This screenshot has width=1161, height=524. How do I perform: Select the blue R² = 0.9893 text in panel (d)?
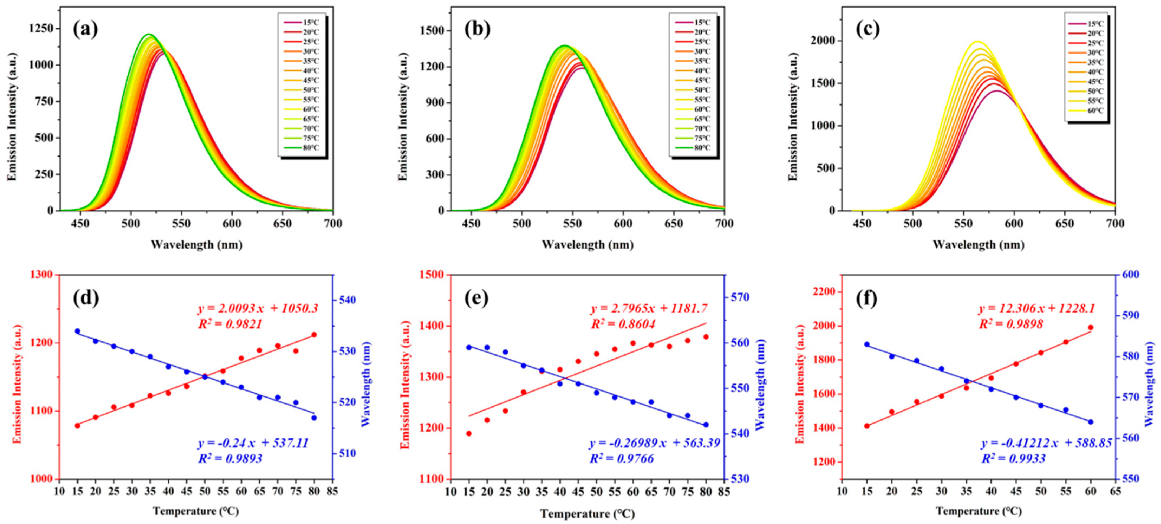tap(230, 459)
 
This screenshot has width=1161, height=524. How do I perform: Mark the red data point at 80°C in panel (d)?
tap(314, 335)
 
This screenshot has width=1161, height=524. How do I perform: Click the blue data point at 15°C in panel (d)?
tap(77, 331)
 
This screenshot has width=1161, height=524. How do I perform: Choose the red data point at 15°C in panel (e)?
tap(469, 433)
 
